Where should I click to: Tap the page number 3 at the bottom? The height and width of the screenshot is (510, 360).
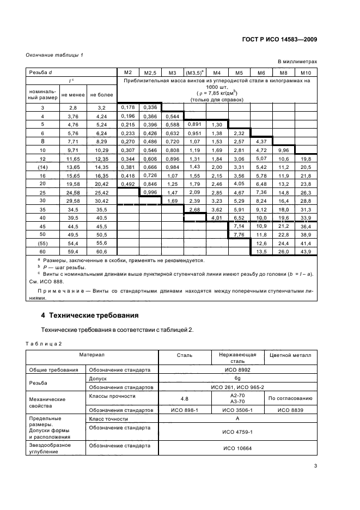[x=315, y=466]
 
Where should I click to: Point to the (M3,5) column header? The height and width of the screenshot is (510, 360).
[x=194, y=72]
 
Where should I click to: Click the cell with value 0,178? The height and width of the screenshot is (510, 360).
[x=129, y=107]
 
